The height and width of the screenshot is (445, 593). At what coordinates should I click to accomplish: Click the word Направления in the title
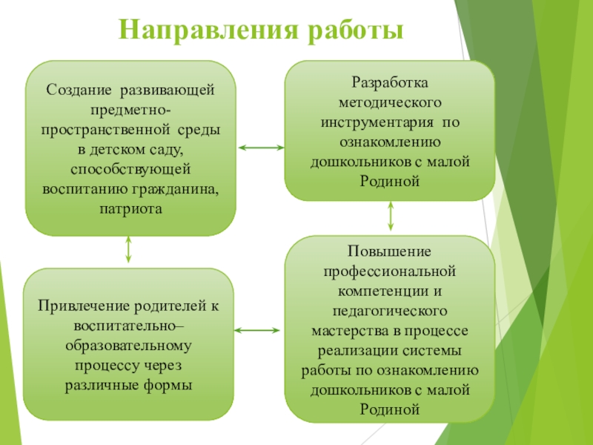click(199, 31)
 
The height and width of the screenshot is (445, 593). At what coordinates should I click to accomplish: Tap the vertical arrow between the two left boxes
click(129, 251)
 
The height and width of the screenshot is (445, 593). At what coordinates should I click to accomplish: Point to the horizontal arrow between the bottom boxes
click(259, 329)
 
